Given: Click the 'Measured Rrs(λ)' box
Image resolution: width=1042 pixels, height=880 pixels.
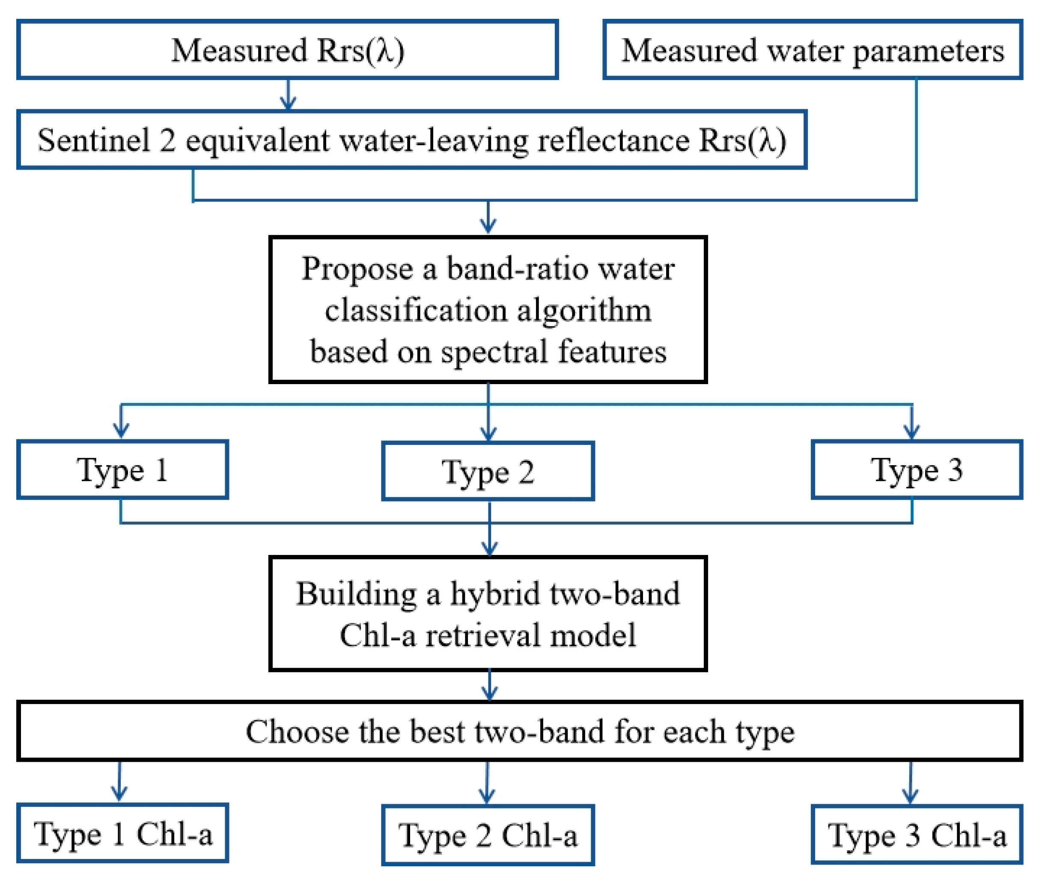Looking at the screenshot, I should tap(287, 50).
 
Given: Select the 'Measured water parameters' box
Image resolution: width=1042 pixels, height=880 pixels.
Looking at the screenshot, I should tap(813, 50).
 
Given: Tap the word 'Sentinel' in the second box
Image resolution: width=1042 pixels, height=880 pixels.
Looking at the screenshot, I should tap(94, 140).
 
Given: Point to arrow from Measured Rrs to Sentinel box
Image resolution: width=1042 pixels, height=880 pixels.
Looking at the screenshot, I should tap(288, 95).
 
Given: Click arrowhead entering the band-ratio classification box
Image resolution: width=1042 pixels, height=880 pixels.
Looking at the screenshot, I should tap(488, 224).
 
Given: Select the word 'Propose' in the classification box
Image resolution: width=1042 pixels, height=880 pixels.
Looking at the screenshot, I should tap(357, 269).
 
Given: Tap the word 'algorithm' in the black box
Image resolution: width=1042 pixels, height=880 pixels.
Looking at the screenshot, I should tap(584, 311).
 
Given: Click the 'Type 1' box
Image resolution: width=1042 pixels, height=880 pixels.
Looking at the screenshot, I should tap(123, 470).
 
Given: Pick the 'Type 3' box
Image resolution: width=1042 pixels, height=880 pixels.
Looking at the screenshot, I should tap(917, 470).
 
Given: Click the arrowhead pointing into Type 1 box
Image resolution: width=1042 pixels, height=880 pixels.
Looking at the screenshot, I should tap(121, 429).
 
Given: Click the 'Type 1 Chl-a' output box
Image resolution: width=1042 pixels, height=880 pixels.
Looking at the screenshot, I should tap(123, 834).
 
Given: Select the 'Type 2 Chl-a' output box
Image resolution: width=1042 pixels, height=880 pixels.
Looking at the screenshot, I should tap(488, 835).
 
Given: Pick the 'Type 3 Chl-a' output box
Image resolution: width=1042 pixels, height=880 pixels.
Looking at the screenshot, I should tap(917, 835).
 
